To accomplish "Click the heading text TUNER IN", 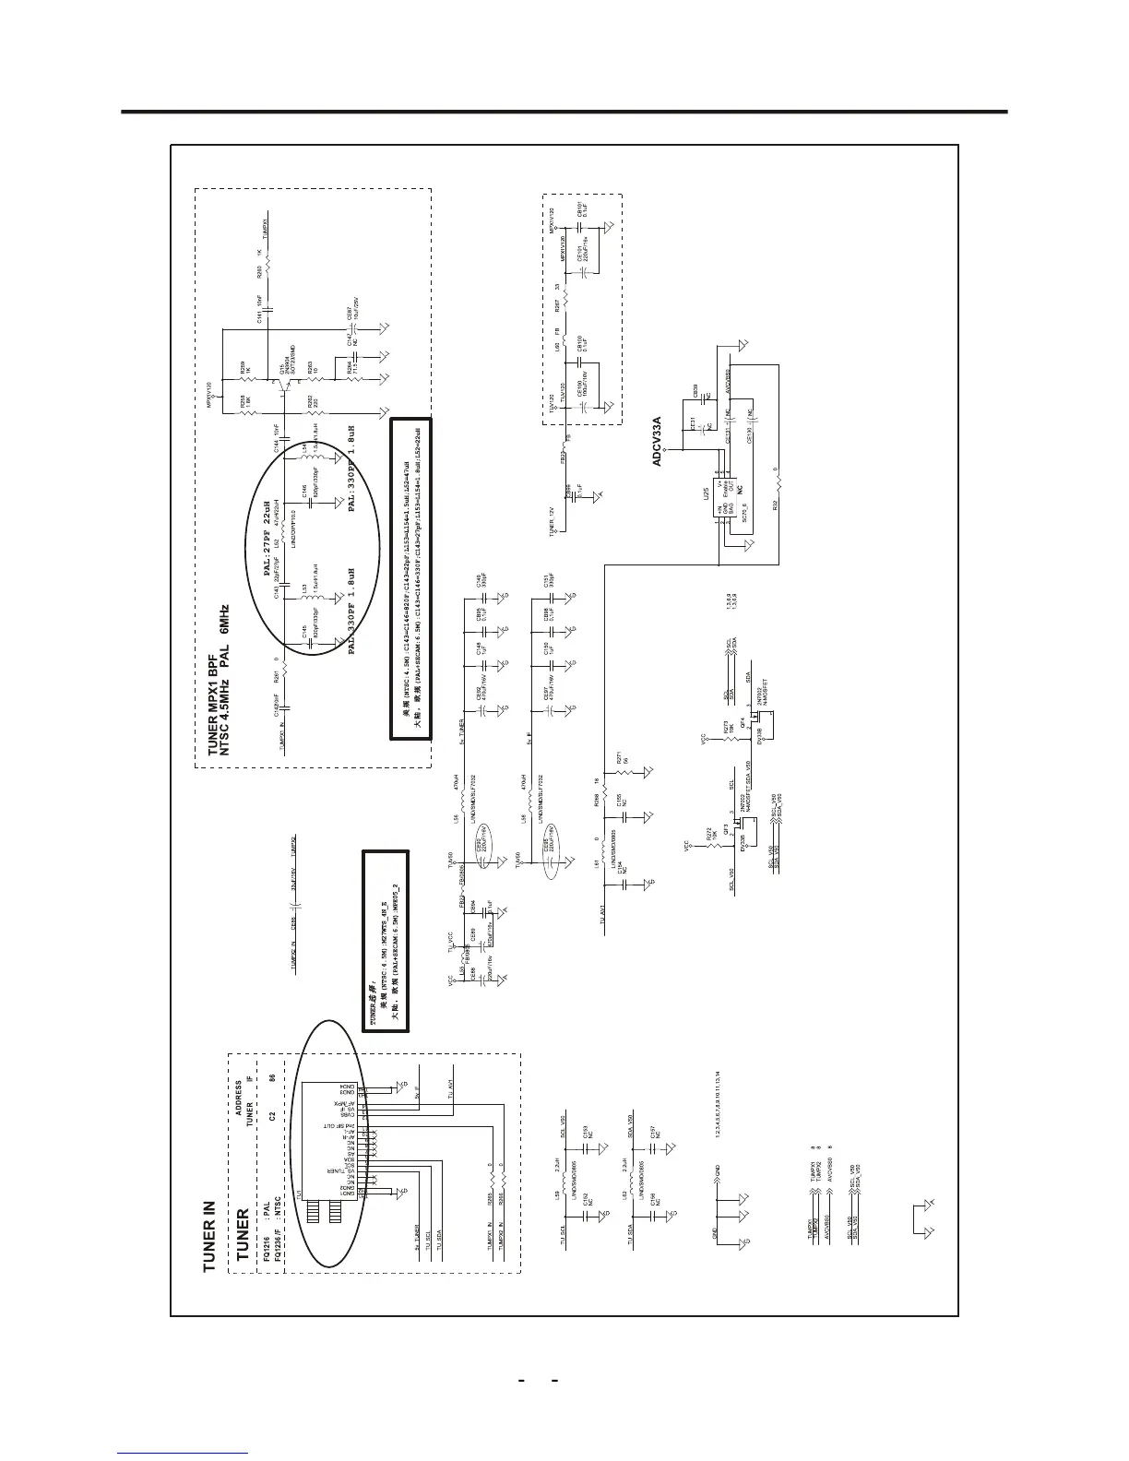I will pyautogui.click(x=209, y=1235).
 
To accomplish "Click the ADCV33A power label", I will pyautogui.click(x=657, y=440).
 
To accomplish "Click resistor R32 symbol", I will pyautogui.click(x=778, y=482).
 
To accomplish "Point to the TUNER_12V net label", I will pyautogui.click(x=552, y=521).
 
